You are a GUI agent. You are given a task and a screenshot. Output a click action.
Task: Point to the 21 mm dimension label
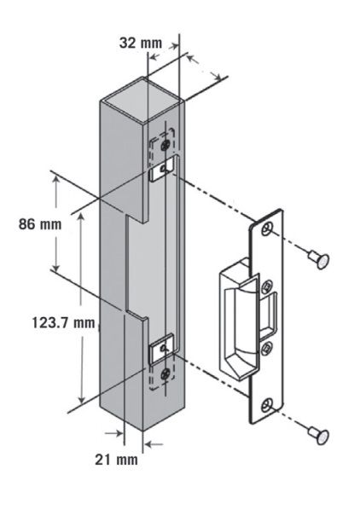(116, 460)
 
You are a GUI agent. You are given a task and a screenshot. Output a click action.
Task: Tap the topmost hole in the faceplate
(270, 231)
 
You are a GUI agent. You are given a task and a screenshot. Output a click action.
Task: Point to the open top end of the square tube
(142, 94)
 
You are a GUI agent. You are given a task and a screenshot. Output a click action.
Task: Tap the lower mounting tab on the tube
(161, 347)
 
